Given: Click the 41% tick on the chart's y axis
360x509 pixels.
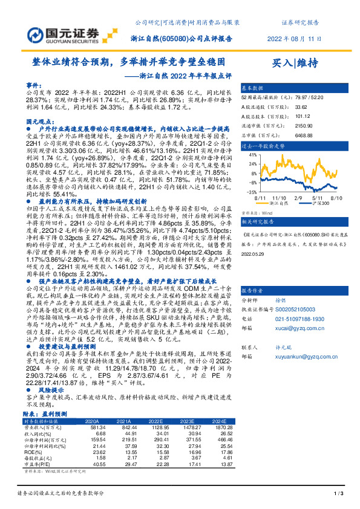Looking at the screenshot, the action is [x=250, y=155].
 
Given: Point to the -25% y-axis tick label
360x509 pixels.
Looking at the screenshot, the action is [x=249, y=192].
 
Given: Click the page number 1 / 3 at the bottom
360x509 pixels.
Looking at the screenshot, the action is [x=339, y=495].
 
